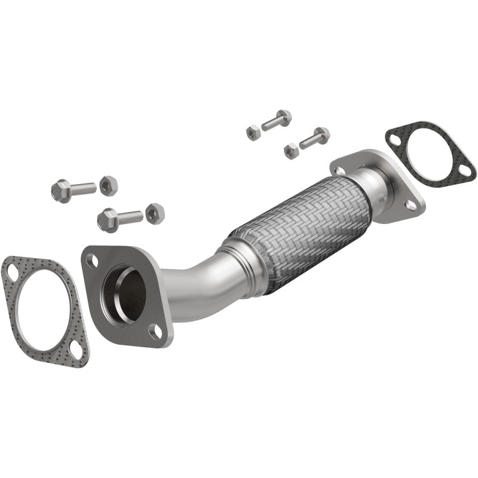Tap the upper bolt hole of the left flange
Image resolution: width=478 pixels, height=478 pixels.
click(93, 261)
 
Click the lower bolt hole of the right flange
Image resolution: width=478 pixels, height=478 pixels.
click(410, 205)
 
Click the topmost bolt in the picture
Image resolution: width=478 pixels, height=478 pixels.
click(276, 120)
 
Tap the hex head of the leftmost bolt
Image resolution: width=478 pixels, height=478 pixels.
click(61, 191)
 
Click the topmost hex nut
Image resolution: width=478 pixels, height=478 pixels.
click(253, 132)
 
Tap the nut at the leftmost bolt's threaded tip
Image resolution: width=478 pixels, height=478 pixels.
click(108, 185)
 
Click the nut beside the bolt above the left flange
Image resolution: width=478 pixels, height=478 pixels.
click(155, 213)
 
